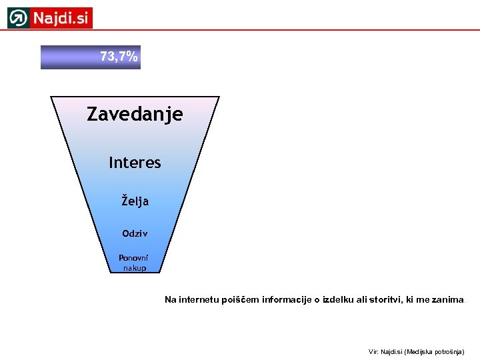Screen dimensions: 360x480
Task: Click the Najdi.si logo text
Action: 61,18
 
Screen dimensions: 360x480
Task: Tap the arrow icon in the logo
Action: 19,18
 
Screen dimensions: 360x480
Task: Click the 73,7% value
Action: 119,57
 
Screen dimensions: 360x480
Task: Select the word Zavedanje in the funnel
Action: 135,115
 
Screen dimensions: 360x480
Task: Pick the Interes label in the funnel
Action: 135,163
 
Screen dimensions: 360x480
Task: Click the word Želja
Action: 135,201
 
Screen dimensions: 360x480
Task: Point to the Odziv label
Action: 135,233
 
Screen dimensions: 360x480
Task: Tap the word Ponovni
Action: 134,258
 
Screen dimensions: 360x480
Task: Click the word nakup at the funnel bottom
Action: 134,267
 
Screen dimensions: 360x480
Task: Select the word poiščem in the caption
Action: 240,300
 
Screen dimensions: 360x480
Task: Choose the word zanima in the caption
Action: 447,300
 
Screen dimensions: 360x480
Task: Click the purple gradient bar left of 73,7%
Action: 67,57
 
